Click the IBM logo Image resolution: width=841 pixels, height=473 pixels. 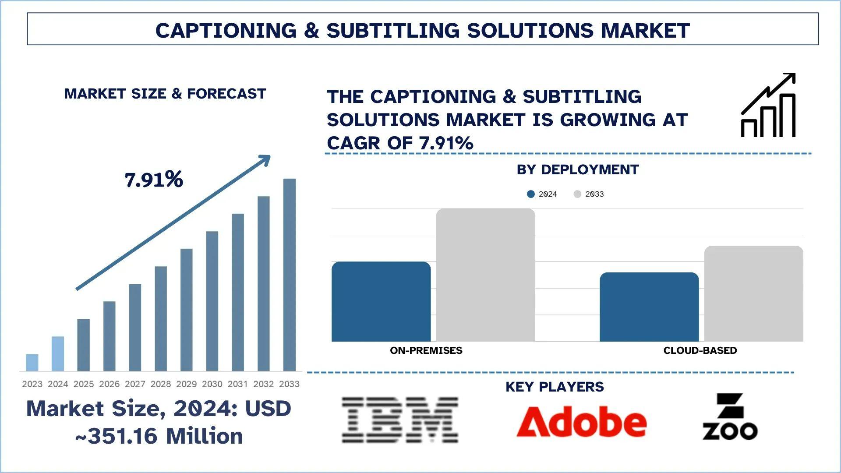(399, 420)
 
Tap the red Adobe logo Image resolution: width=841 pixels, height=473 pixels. (581, 421)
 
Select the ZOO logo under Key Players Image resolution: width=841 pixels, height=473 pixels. (730, 417)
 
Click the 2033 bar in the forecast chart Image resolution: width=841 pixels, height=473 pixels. (289, 275)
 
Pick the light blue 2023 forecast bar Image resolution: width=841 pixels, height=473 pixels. (32, 363)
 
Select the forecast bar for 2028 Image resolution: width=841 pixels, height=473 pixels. (161, 318)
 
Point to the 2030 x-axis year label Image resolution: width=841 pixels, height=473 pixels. (212, 384)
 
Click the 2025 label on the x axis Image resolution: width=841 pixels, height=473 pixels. (83, 384)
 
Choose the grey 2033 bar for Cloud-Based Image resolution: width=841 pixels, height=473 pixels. (753, 293)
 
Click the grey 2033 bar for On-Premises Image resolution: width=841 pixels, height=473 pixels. (485, 275)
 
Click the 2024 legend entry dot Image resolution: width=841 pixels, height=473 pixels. (531, 194)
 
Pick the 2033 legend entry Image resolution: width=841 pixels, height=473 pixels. (589, 194)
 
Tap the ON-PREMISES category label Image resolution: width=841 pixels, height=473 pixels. (426, 350)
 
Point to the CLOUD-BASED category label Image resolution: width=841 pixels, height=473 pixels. (700, 350)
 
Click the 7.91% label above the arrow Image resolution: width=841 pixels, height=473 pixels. (154, 180)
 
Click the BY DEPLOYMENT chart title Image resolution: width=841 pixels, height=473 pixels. (577, 169)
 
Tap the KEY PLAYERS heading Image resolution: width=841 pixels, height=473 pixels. (555, 387)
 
